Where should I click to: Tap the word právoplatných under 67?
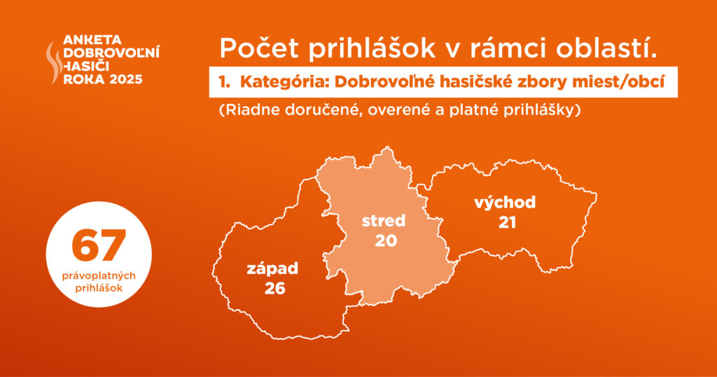point(99,276)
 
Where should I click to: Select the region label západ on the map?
point(272,269)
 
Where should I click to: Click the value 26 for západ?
point(274,288)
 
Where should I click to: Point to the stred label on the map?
point(384,221)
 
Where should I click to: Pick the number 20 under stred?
point(386,240)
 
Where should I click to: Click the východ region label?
point(505,203)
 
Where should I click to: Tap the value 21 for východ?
point(507,222)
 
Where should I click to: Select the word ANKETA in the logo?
point(93,40)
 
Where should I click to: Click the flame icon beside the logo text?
point(54,62)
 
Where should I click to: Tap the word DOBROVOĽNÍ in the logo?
point(111,53)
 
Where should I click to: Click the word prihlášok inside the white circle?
point(99,289)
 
